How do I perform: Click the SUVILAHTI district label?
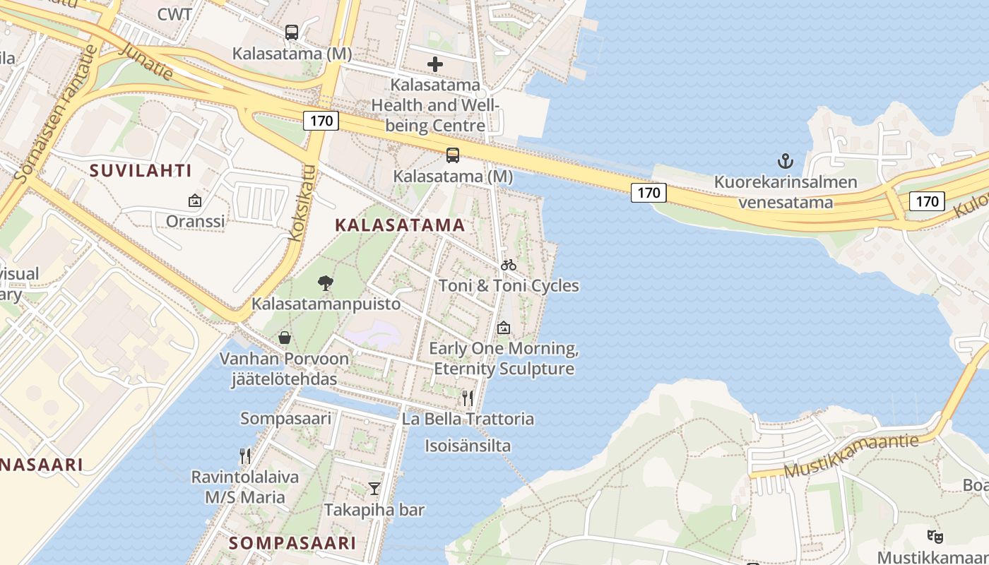coord(141,170)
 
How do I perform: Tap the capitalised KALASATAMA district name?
coord(400,225)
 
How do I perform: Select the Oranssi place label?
coord(195,221)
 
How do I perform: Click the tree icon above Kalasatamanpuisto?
coord(326,284)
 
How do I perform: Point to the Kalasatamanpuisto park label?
coord(326,304)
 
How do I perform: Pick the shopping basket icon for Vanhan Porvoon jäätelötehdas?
coord(285,338)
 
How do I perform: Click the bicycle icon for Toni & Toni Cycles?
coord(509,266)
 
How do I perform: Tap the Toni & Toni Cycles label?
coord(509,286)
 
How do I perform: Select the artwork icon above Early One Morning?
coord(503,328)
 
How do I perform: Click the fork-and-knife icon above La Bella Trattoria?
coord(467,398)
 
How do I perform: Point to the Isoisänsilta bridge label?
coord(468,446)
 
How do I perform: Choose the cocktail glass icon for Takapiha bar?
coord(374,489)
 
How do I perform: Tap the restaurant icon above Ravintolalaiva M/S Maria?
coord(245,456)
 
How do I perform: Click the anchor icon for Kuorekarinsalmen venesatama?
coord(786,162)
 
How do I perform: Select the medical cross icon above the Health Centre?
coord(435,64)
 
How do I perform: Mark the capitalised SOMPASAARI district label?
coord(292,543)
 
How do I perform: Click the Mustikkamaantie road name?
coord(851,457)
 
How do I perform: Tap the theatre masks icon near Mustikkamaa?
coord(935,537)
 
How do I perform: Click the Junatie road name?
coord(147,61)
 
